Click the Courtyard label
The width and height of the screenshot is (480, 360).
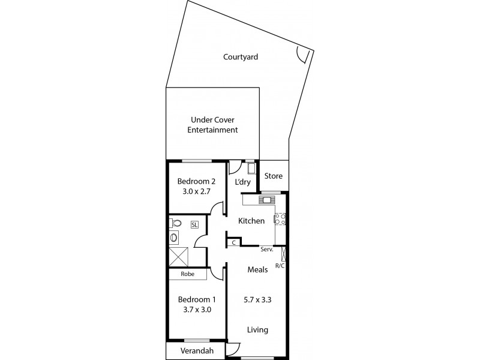click(241, 57)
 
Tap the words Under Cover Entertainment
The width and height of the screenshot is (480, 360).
click(213, 125)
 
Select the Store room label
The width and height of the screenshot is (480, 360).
click(273, 176)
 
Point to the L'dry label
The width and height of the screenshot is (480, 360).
click(242, 181)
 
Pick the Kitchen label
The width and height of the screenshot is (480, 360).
click(251, 221)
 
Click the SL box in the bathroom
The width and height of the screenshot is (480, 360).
click(194, 225)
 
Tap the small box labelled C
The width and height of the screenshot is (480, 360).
click(233, 242)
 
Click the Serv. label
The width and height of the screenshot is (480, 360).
click(267, 248)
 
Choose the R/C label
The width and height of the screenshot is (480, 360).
click(280, 265)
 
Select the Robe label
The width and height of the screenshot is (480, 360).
click(187, 274)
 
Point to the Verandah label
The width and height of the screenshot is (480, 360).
click(196, 351)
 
